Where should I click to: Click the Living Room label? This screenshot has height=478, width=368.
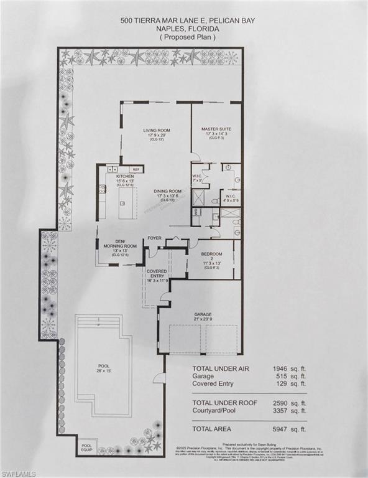tap(157, 130)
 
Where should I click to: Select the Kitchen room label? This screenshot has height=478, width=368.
tap(125, 176)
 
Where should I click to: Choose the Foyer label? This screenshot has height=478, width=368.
tap(154, 238)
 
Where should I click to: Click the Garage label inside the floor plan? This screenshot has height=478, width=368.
tap(203, 315)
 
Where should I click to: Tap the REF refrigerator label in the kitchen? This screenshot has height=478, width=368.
tap(137, 169)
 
